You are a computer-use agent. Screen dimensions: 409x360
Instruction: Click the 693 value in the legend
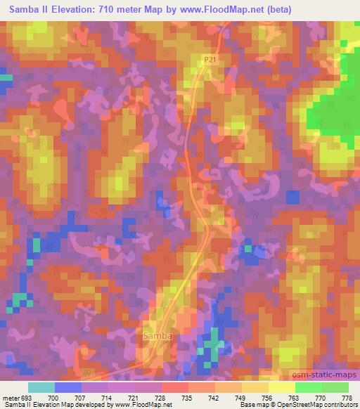coord(27,397)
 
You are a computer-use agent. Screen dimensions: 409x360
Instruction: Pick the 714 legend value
coord(108,397)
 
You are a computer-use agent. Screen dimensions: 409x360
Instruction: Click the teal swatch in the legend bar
coord(41,387)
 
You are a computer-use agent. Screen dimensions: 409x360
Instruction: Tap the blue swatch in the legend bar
coord(67,387)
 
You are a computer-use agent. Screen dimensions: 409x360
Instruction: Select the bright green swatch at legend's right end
coord(335,387)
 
